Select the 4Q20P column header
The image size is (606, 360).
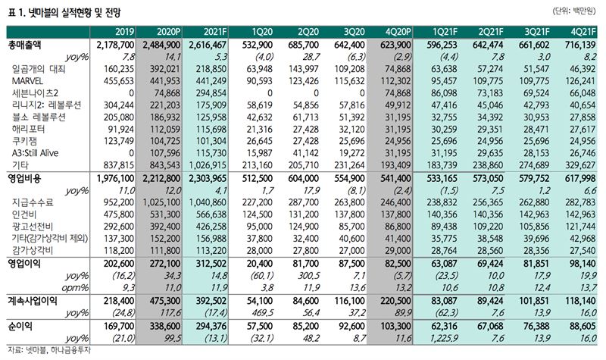pos(398,32)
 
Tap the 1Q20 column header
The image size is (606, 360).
pos(262,32)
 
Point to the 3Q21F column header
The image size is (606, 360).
pos(537,32)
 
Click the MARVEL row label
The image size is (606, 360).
pos(27,81)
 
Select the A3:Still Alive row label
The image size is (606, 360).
pos(35,153)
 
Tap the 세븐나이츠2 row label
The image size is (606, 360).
pos(35,93)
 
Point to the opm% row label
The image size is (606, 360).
pos(75,288)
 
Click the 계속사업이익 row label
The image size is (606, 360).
pos(33,301)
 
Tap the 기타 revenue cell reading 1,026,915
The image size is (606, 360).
pos(208,165)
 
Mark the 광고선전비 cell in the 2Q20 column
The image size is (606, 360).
pos(304,226)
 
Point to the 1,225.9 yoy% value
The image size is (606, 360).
pos(444,338)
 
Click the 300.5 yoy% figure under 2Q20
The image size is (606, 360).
pos(309,276)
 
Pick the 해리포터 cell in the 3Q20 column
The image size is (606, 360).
pos(351,129)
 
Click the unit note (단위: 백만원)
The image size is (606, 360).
pos(575,11)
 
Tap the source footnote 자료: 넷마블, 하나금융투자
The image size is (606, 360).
pos(49,350)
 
